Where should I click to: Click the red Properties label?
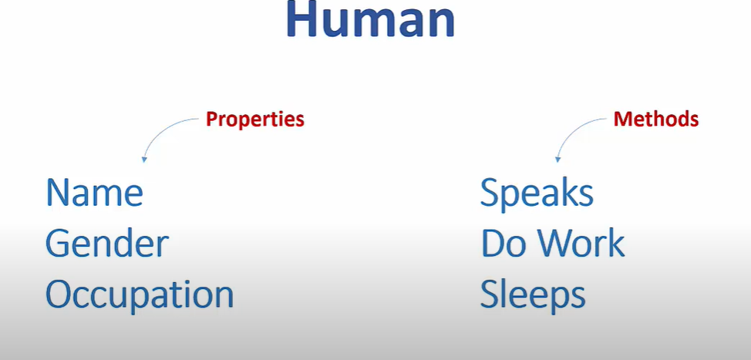tap(254, 119)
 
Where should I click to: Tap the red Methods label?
tap(655, 119)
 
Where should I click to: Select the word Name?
tap(94, 193)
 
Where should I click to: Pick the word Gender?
tap(106, 244)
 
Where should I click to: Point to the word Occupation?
tap(139, 295)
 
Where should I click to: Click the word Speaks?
tap(537, 193)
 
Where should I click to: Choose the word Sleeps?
tap(532, 295)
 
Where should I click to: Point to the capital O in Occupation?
tap(60, 295)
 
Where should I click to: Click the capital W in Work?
tap(556, 244)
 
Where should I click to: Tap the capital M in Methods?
tap(621, 119)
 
